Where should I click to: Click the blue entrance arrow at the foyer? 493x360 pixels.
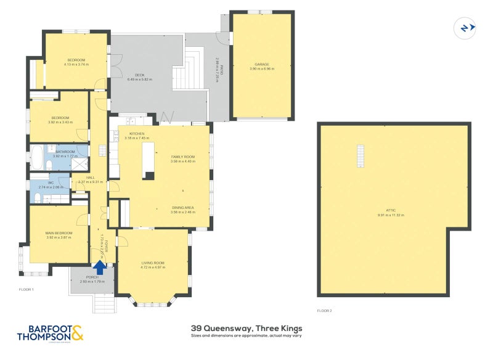point(99,266)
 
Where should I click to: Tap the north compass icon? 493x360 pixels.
point(465,28)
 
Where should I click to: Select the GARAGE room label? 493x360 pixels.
point(262,64)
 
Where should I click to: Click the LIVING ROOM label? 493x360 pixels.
point(152,263)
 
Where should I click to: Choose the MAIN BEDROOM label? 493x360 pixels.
point(59,232)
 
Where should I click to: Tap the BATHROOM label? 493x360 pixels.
point(65,152)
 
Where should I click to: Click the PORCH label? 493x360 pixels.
point(92,277)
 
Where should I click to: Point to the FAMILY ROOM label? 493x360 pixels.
point(183,157)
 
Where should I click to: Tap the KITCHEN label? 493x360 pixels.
point(136,134)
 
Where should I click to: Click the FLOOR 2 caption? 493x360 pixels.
point(324,311)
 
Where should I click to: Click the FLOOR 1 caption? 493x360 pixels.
point(26,289)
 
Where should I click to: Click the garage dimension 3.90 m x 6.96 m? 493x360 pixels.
point(262,68)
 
